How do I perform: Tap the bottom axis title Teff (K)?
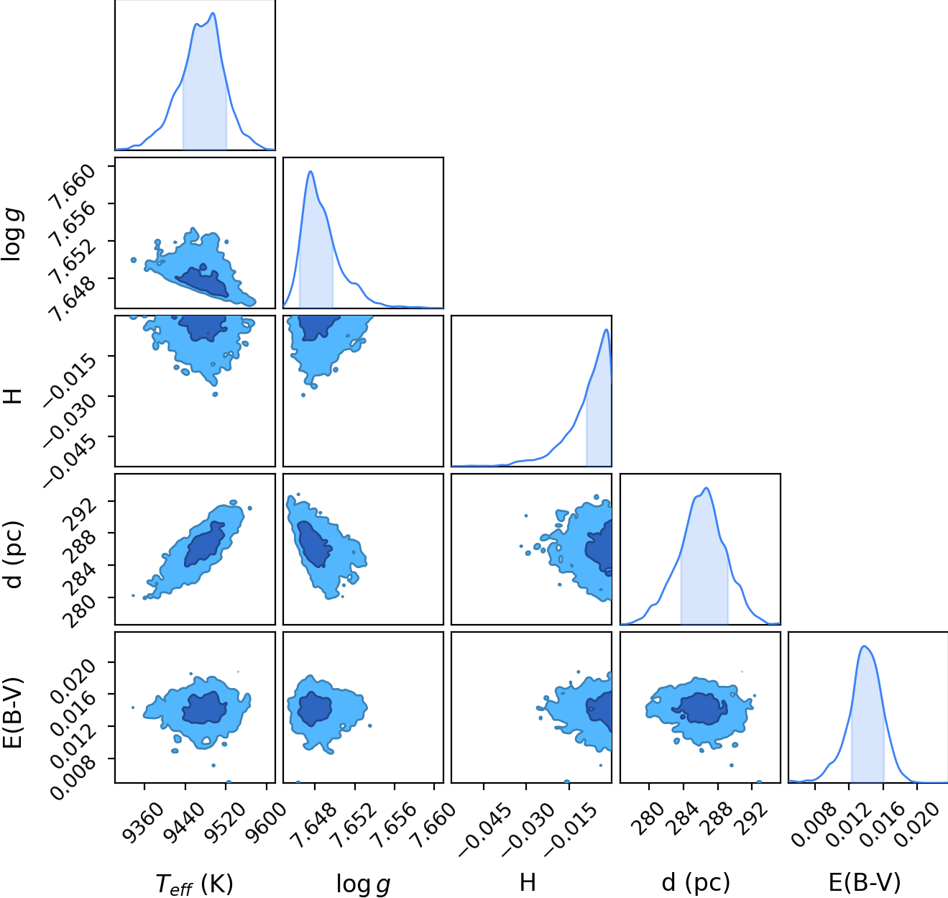tap(194, 884)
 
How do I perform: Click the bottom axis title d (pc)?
tap(696, 882)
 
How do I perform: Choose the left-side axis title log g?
tap(11, 234)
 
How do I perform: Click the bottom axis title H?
tap(528, 882)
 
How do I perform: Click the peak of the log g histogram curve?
tap(311, 171)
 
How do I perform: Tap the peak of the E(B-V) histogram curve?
tap(864, 646)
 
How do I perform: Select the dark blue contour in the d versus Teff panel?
tap(204, 544)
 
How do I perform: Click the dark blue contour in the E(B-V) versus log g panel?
tap(314, 709)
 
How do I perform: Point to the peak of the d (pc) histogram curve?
tap(707, 488)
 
